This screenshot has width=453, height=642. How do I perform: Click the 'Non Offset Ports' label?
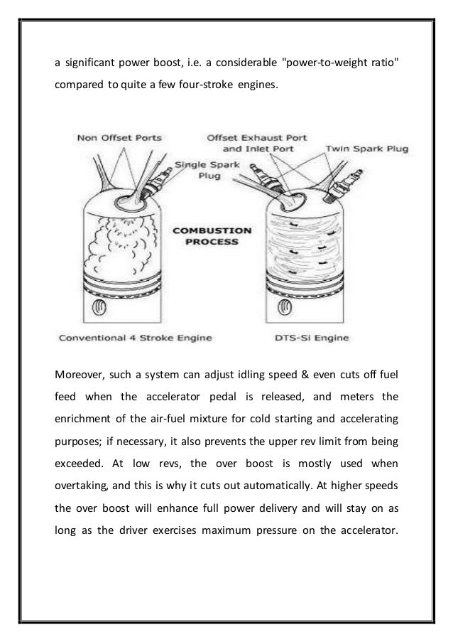point(119,139)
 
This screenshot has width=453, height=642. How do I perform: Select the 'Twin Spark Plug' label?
point(359,150)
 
